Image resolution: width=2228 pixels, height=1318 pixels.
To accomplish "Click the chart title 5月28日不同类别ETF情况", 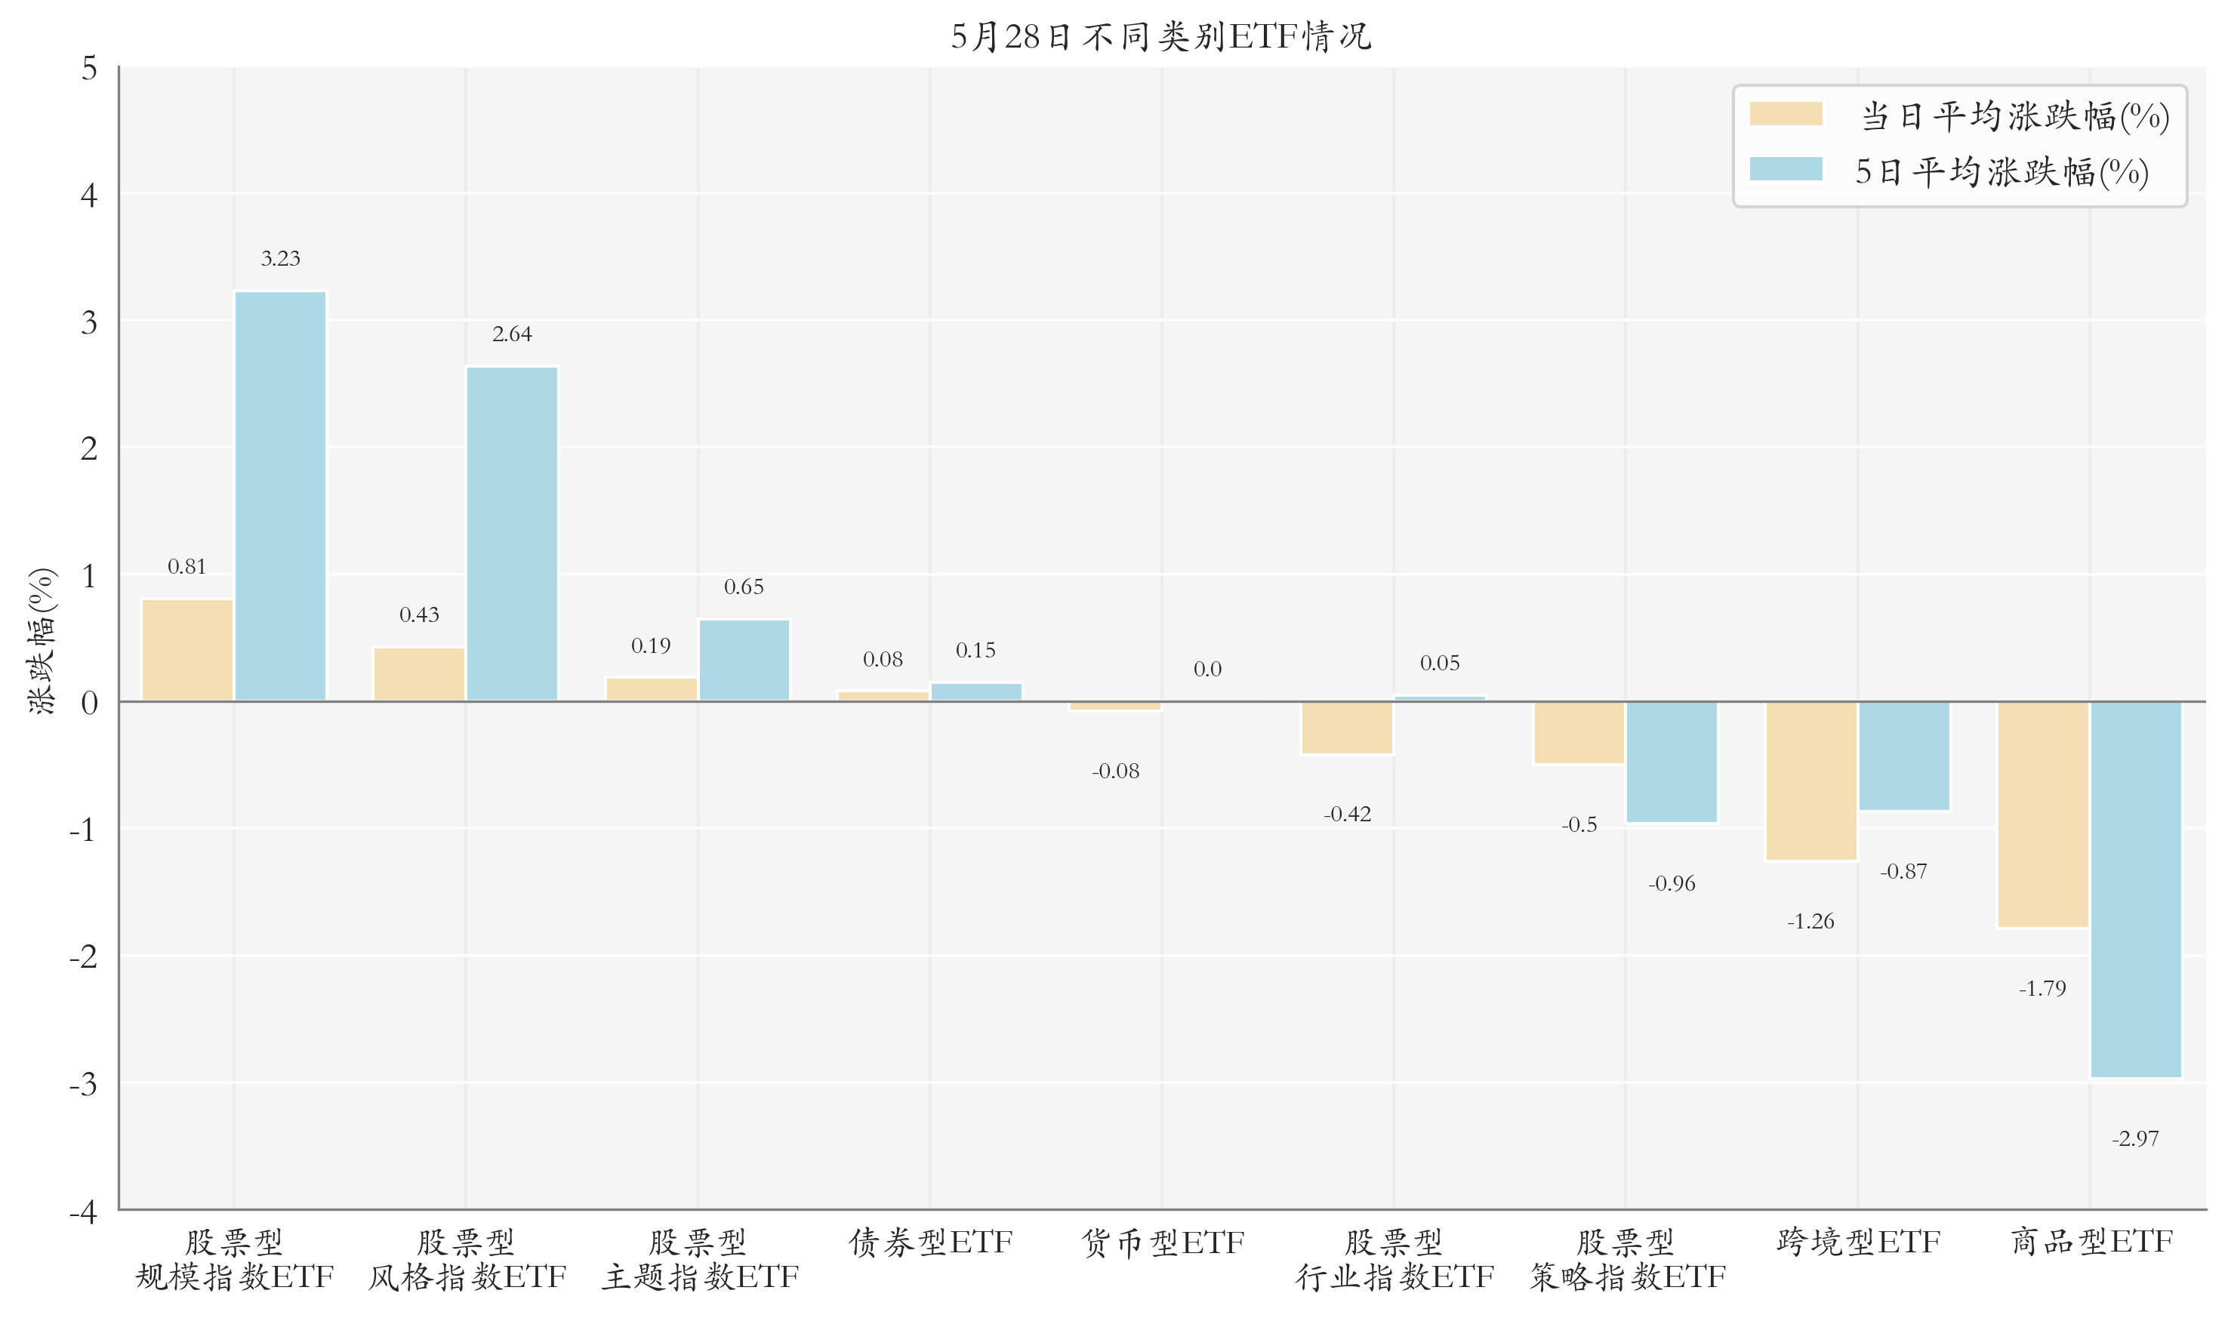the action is point(1160,36).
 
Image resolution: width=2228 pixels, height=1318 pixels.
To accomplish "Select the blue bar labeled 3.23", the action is point(281,496).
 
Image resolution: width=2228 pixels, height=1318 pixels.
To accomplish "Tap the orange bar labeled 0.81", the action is point(187,650).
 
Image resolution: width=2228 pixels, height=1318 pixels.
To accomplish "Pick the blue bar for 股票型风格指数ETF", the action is point(513,534).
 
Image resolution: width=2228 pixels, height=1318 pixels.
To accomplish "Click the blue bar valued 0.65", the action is point(744,660).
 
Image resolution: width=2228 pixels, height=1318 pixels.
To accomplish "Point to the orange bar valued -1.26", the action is point(1811,781).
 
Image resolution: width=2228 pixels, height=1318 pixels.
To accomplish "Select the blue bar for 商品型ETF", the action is point(2136,890).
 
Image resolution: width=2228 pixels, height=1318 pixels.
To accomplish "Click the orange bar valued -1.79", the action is point(2043,815).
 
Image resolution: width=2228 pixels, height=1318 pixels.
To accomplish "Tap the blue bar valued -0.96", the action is point(1672,762).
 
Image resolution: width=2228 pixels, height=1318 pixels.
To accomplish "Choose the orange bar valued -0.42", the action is point(1347,728).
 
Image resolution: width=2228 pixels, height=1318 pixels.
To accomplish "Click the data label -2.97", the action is point(2135,1138).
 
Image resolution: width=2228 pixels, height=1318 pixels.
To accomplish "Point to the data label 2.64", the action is point(513,334).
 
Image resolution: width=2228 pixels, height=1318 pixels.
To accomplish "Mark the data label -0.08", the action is point(1115,771).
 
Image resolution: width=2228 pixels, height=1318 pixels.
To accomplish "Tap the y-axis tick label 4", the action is point(89,195).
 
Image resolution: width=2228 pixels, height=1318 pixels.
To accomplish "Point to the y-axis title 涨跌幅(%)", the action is point(42,640).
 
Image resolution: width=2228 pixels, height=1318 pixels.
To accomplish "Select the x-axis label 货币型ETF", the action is point(1163,1242).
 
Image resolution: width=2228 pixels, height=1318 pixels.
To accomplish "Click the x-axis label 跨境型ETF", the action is point(1859,1242).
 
